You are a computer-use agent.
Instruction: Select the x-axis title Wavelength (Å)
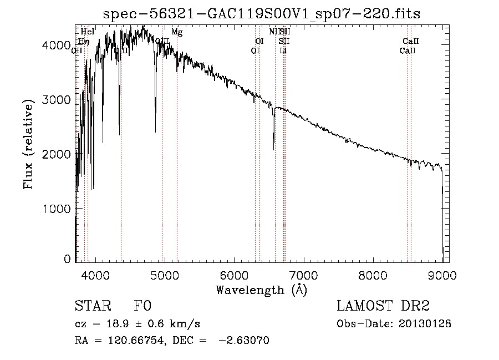(261, 290)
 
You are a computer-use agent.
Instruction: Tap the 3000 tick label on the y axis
(56, 100)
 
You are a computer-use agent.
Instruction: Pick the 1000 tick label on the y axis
(56, 209)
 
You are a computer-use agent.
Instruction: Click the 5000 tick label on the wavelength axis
(164, 275)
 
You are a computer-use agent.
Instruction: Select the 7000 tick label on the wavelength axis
(303, 275)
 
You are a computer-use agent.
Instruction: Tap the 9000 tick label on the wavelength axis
(442, 275)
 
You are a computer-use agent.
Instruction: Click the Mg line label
(177, 32)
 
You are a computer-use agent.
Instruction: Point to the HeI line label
(88, 32)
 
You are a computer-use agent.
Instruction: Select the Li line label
(283, 50)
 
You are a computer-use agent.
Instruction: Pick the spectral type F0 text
(142, 307)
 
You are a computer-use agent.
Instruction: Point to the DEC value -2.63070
(244, 341)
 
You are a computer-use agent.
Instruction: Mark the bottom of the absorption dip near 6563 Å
(274, 149)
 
